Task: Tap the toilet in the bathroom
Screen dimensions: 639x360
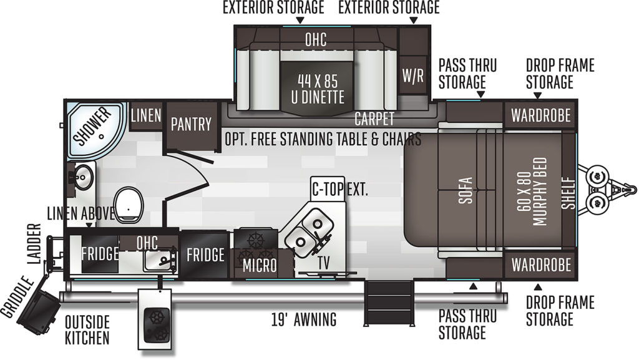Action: pyautogui.click(x=129, y=205)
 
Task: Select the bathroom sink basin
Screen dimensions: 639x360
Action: pyautogui.click(x=84, y=177)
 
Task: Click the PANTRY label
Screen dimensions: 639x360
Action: pyautogui.click(x=191, y=124)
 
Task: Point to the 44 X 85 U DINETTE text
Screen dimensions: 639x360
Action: pyautogui.click(x=318, y=89)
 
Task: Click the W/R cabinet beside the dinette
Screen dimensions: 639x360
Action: pyautogui.click(x=413, y=75)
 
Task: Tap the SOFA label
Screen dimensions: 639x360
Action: pyautogui.click(x=465, y=190)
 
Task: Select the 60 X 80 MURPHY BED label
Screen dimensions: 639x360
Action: pyautogui.click(x=532, y=192)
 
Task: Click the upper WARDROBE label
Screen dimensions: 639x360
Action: pyautogui.click(x=541, y=115)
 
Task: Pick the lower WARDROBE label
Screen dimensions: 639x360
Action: pyautogui.click(x=541, y=265)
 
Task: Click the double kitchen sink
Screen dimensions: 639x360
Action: pyautogui.click(x=308, y=233)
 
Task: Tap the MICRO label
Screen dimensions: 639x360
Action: pyautogui.click(x=260, y=266)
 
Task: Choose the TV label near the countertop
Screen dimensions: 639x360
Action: pyautogui.click(x=324, y=263)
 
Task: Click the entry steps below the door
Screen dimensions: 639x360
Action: pyautogui.click(x=388, y=303)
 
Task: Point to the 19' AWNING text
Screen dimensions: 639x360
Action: pyautogui.click(x=304, y=319)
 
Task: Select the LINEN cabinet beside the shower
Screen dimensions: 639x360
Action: pyautogui.click(x=146, y=116)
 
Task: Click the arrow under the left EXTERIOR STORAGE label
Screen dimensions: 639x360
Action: pyautogui.click(x=300, y=21)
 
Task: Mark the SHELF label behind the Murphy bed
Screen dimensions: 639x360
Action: pyautogui.click(x=568, y=193)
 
